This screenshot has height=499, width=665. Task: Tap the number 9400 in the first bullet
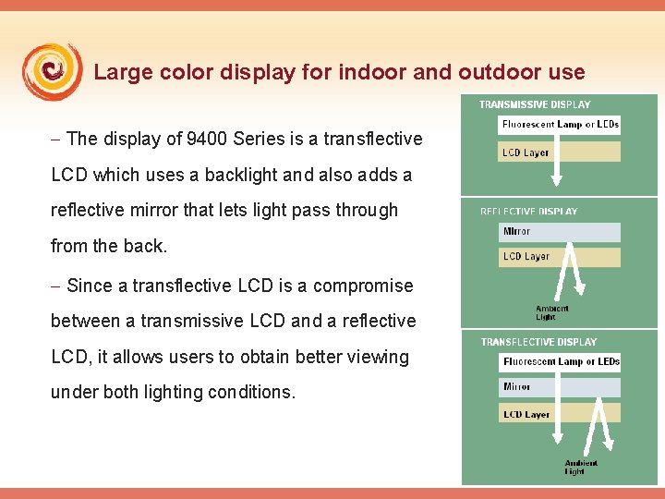pos(208,139)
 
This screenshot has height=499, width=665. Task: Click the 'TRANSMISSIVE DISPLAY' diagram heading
pos(535,104)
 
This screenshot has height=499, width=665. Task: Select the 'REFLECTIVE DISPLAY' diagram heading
pos(528,212)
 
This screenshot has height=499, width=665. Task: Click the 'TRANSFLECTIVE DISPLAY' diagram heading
pos(538,342)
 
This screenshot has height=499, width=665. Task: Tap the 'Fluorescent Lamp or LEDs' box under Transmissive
pos(560,125)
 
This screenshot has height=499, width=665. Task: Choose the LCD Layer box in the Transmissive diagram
pos(560,152)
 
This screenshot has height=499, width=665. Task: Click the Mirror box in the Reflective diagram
pos(560,231)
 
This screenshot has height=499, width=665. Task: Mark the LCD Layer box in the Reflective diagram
pos(560,256)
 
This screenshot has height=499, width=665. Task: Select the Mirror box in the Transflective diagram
pos(560,386)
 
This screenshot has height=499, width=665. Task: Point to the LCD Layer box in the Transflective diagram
pos(560,414)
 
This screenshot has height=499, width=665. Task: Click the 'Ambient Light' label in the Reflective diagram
pos(552,312)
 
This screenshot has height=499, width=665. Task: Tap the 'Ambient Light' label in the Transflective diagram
pos(581,467)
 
